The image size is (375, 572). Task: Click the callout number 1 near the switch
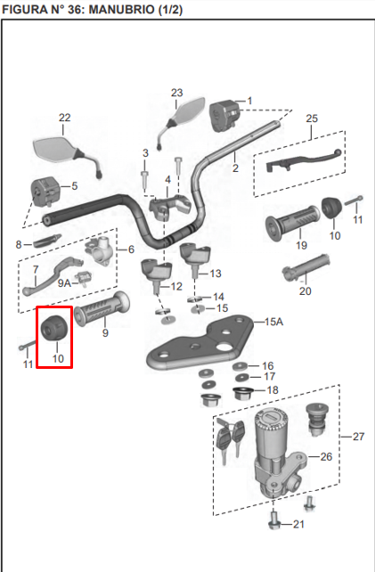pos(249,101)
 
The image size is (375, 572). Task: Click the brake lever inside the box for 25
pos(298,161)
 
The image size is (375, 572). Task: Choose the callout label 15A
pos(273,322)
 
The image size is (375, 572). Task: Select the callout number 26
pos(326,456)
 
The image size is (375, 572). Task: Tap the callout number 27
pos(359,437)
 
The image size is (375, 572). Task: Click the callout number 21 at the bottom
pos(298,525)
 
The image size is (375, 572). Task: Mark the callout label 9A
pos(64,282)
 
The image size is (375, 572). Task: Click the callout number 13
pos(216,274)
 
